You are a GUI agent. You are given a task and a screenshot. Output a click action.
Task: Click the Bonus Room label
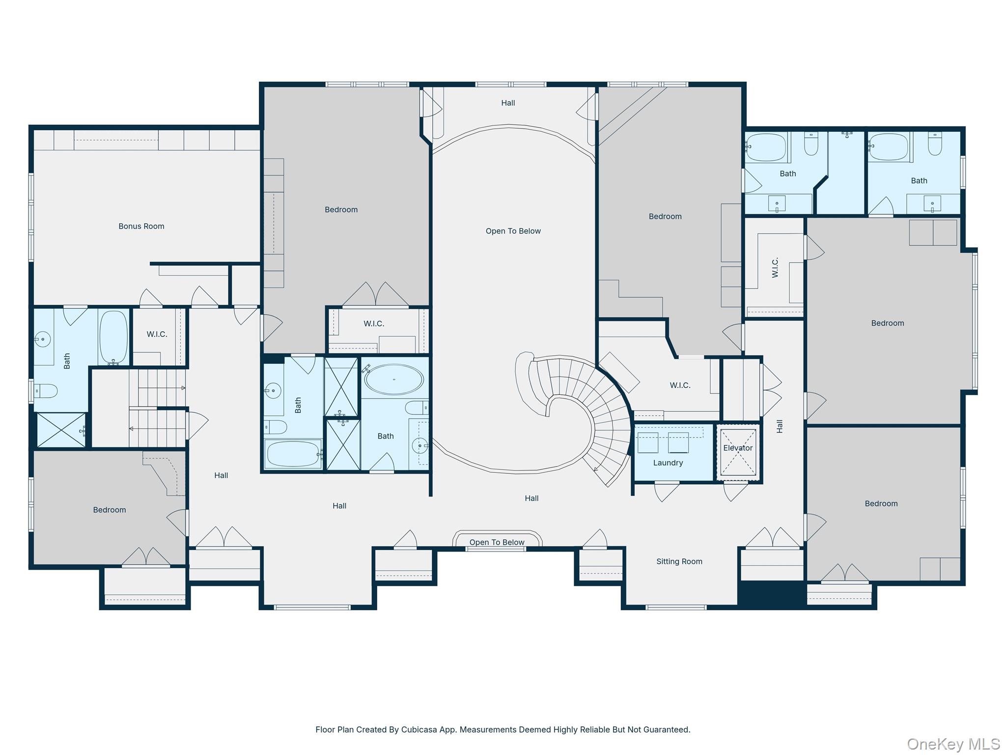141,226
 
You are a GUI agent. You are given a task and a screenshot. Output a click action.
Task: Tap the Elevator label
737,448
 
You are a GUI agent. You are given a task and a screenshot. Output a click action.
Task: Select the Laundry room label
668,463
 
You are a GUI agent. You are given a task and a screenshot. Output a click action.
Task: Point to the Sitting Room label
679,561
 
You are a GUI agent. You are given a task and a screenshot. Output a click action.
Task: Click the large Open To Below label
513,231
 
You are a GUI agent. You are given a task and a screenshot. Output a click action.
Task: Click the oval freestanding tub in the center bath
394,379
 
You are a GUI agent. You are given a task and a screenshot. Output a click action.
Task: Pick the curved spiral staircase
589,408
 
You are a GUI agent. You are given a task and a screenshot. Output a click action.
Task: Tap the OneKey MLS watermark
953,744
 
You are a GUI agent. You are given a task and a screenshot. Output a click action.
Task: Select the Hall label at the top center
508,103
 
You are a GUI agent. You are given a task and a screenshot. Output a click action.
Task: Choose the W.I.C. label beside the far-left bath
157,334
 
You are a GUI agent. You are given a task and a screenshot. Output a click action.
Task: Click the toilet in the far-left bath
46,391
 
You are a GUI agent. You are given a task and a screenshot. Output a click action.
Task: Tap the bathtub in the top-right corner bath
888,147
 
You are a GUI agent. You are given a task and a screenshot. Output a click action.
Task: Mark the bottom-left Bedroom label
110,510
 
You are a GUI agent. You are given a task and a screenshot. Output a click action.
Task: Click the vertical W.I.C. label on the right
775,267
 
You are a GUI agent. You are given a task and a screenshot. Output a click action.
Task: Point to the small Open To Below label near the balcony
497,542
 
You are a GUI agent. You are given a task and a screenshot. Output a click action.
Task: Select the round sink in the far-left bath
43,339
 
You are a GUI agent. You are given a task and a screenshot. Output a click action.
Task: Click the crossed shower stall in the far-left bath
61,430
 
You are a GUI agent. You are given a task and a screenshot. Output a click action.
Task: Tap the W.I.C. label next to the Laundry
680,385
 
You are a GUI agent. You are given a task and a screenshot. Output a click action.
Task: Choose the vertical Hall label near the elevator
780,426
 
